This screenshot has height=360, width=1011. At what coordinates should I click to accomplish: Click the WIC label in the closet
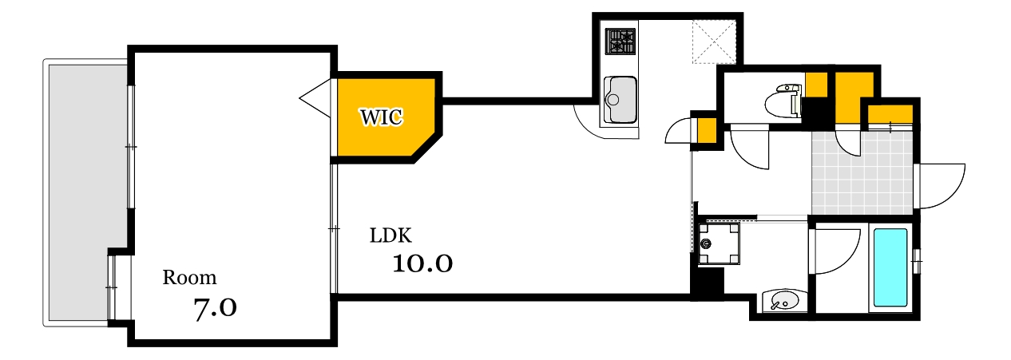tap(382, 117)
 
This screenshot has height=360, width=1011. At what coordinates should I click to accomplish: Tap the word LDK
tap(390, 236)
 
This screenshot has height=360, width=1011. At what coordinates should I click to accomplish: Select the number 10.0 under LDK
tap(422, 263)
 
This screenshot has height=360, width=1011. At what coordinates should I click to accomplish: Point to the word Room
tap(189, 279)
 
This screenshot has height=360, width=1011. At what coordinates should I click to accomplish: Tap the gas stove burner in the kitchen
tap(620, 42)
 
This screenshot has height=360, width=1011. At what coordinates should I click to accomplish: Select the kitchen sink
tap(620, 100)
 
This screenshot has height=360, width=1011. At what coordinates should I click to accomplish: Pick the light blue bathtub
tap(890, 267)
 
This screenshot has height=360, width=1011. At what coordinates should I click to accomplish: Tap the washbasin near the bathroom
tap(779, 301)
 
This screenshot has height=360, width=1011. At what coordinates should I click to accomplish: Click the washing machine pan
tap(718, 243)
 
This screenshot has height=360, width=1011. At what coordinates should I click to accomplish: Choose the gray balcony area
tap(84, 192)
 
